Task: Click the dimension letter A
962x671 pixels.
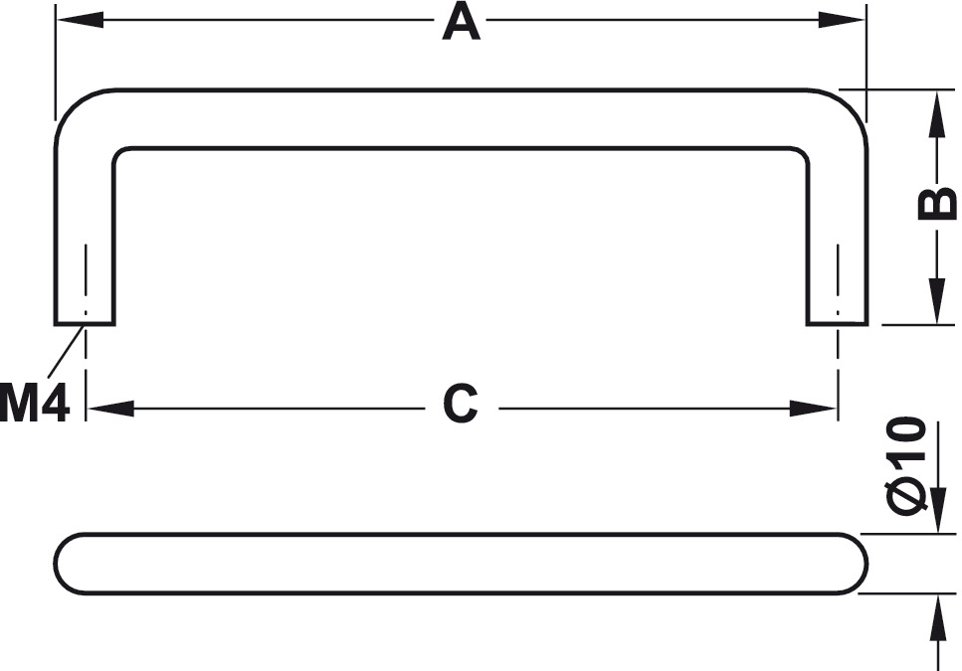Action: point(461,22)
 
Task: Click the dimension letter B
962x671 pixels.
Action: point(937,205)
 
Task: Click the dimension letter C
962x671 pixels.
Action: point(461,404)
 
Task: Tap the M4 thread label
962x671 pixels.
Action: point(35,403)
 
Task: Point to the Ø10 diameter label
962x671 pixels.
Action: point(905,465)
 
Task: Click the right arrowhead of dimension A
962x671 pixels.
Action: point(842,20)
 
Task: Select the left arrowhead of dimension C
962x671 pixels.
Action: point(111,409)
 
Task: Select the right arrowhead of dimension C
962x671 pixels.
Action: point(813,409)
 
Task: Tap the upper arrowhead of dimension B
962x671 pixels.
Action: point(937,114)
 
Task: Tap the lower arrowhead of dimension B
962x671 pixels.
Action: point(937,300)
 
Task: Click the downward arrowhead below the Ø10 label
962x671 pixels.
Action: point(938,510)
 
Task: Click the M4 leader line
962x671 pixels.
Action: point(66,351)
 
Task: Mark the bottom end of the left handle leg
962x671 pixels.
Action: point(85,323)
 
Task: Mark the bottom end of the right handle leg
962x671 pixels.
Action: point(837,323)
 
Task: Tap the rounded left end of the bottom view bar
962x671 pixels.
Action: point(69,564)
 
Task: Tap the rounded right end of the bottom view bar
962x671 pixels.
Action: point(854,564)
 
